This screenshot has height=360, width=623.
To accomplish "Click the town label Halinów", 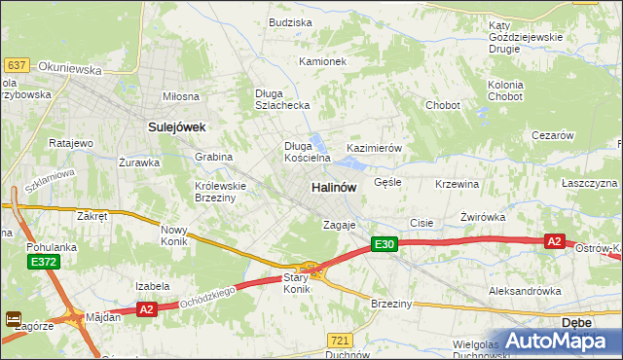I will pyautogui.click(x=333, y=187).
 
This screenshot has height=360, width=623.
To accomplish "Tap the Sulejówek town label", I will pyautogui.click(x=175, y=126).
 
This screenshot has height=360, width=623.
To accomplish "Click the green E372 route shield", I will pyautogui.click(x=44, y=263).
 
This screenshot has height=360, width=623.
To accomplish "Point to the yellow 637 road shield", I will pyautogui.click(x=16, y=65).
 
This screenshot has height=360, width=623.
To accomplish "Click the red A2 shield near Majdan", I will pyautogui.click(x=146, y=309).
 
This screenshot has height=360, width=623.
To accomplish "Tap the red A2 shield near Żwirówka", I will pyautogui.click(x=554, y=241).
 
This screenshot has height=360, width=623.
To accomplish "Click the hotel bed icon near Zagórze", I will pyautogui.click(x=14, y=318).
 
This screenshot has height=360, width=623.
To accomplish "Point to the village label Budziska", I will pyautogui.click(x=290, y=22).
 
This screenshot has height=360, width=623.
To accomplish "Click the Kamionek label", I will pyautogui.click(x=322, y=61).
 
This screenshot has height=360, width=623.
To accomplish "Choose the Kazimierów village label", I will pyautogui.click(x=375, y=148).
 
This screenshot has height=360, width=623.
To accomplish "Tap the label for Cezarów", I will pyautogui.click(x=552, y=136).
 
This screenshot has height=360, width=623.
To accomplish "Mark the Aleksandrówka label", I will pyautogui.click(x=525, y=291).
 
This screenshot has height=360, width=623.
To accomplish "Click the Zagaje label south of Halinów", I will pyautogui.click(x=340, y=225).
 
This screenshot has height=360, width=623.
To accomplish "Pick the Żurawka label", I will pyautogui.click(x=138, y=162).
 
